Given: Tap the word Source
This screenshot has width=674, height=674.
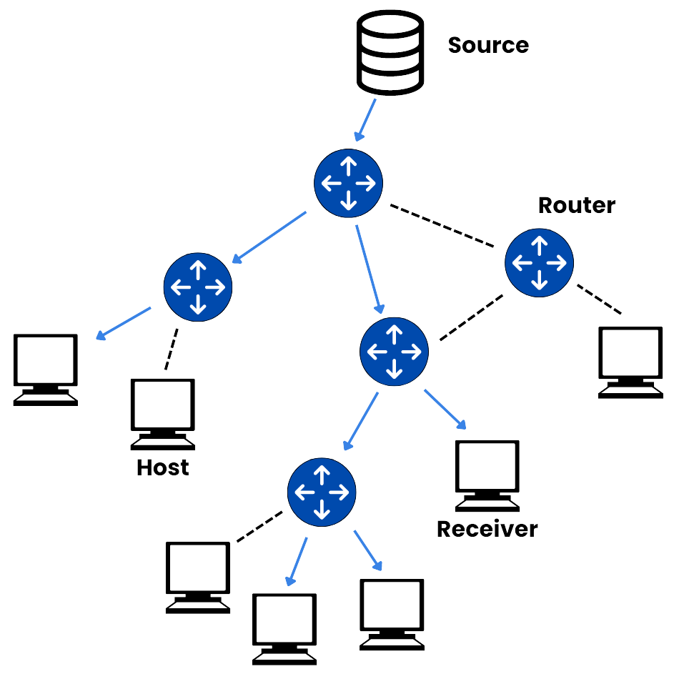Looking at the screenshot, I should coord(488,45).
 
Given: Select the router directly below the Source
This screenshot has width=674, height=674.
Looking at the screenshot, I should coord(348,184).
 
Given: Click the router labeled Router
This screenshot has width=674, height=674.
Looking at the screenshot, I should coord(539,262).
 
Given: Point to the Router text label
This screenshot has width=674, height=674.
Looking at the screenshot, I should coord(576,205).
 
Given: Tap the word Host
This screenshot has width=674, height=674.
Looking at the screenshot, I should coord(163,468).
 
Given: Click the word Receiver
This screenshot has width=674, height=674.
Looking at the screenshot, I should coord(487,529).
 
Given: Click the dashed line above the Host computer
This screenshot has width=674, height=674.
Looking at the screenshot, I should coord(172,349).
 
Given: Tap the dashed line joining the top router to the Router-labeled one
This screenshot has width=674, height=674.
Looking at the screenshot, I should coord(442,227).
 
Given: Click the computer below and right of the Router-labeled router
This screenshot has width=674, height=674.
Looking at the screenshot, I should coord(630,362).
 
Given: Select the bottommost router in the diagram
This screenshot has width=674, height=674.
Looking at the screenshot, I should coord(322,491).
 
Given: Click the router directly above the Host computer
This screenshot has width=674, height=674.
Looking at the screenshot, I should coord(198,287).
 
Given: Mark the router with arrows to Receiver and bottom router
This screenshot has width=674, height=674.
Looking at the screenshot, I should coord(394,351).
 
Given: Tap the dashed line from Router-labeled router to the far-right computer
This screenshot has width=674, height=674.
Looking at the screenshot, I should coord(599,299).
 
